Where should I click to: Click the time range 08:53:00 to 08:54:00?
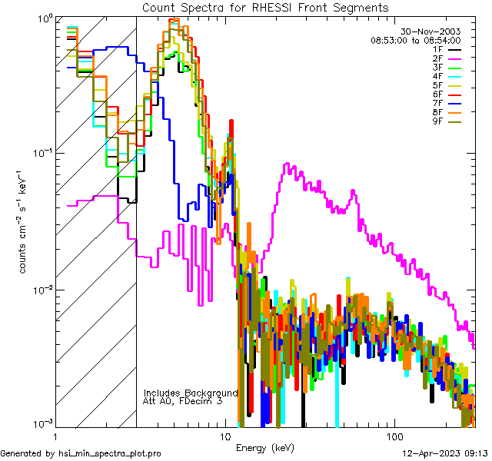click(x=415, y=40)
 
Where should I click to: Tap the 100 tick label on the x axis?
click(x=394, y=436)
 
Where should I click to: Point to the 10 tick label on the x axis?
click(x=225, y=436)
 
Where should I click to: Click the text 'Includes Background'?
click(x=191, y=393)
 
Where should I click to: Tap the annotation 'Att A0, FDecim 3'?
click(x=183, y=401)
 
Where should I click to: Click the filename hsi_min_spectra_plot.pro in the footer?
click(x=109, y=453)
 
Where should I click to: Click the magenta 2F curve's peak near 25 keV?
click(x=288, y=164)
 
